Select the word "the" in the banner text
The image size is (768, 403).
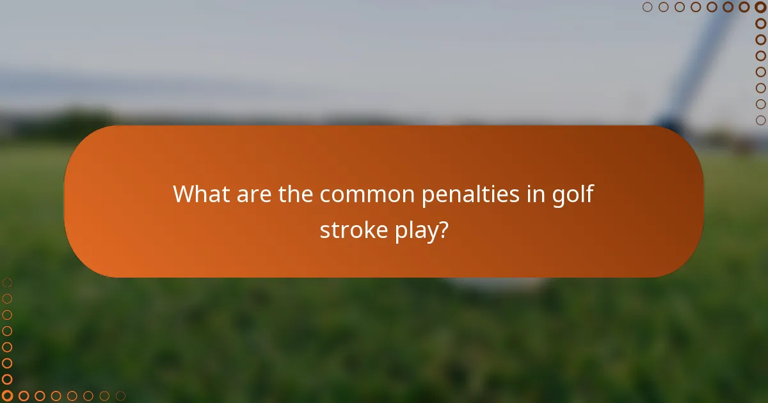[296, 194]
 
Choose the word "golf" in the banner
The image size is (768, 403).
[573, 194]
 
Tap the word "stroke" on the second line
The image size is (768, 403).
[351, 230]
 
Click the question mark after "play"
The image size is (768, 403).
[442, 230]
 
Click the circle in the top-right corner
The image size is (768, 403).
[760, 7]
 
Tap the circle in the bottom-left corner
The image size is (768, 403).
[7, 396]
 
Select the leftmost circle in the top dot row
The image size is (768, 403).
[647, 7]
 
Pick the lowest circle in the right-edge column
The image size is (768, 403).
[760, 120]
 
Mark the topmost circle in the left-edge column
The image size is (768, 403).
[7, 282]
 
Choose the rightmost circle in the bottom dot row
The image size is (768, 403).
[120, 396]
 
